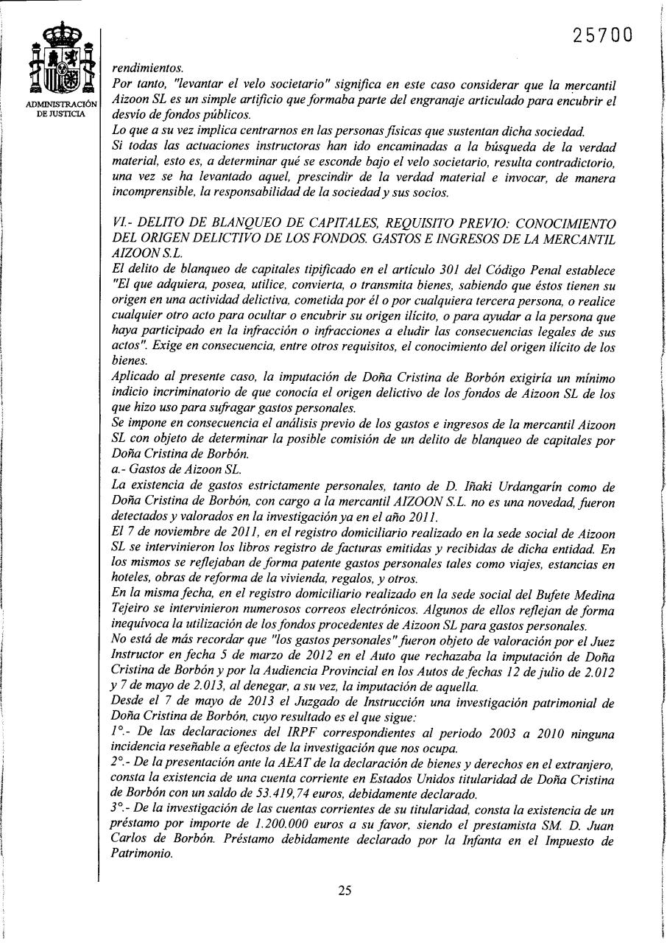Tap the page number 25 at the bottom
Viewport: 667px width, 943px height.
(x=345, y=890)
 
